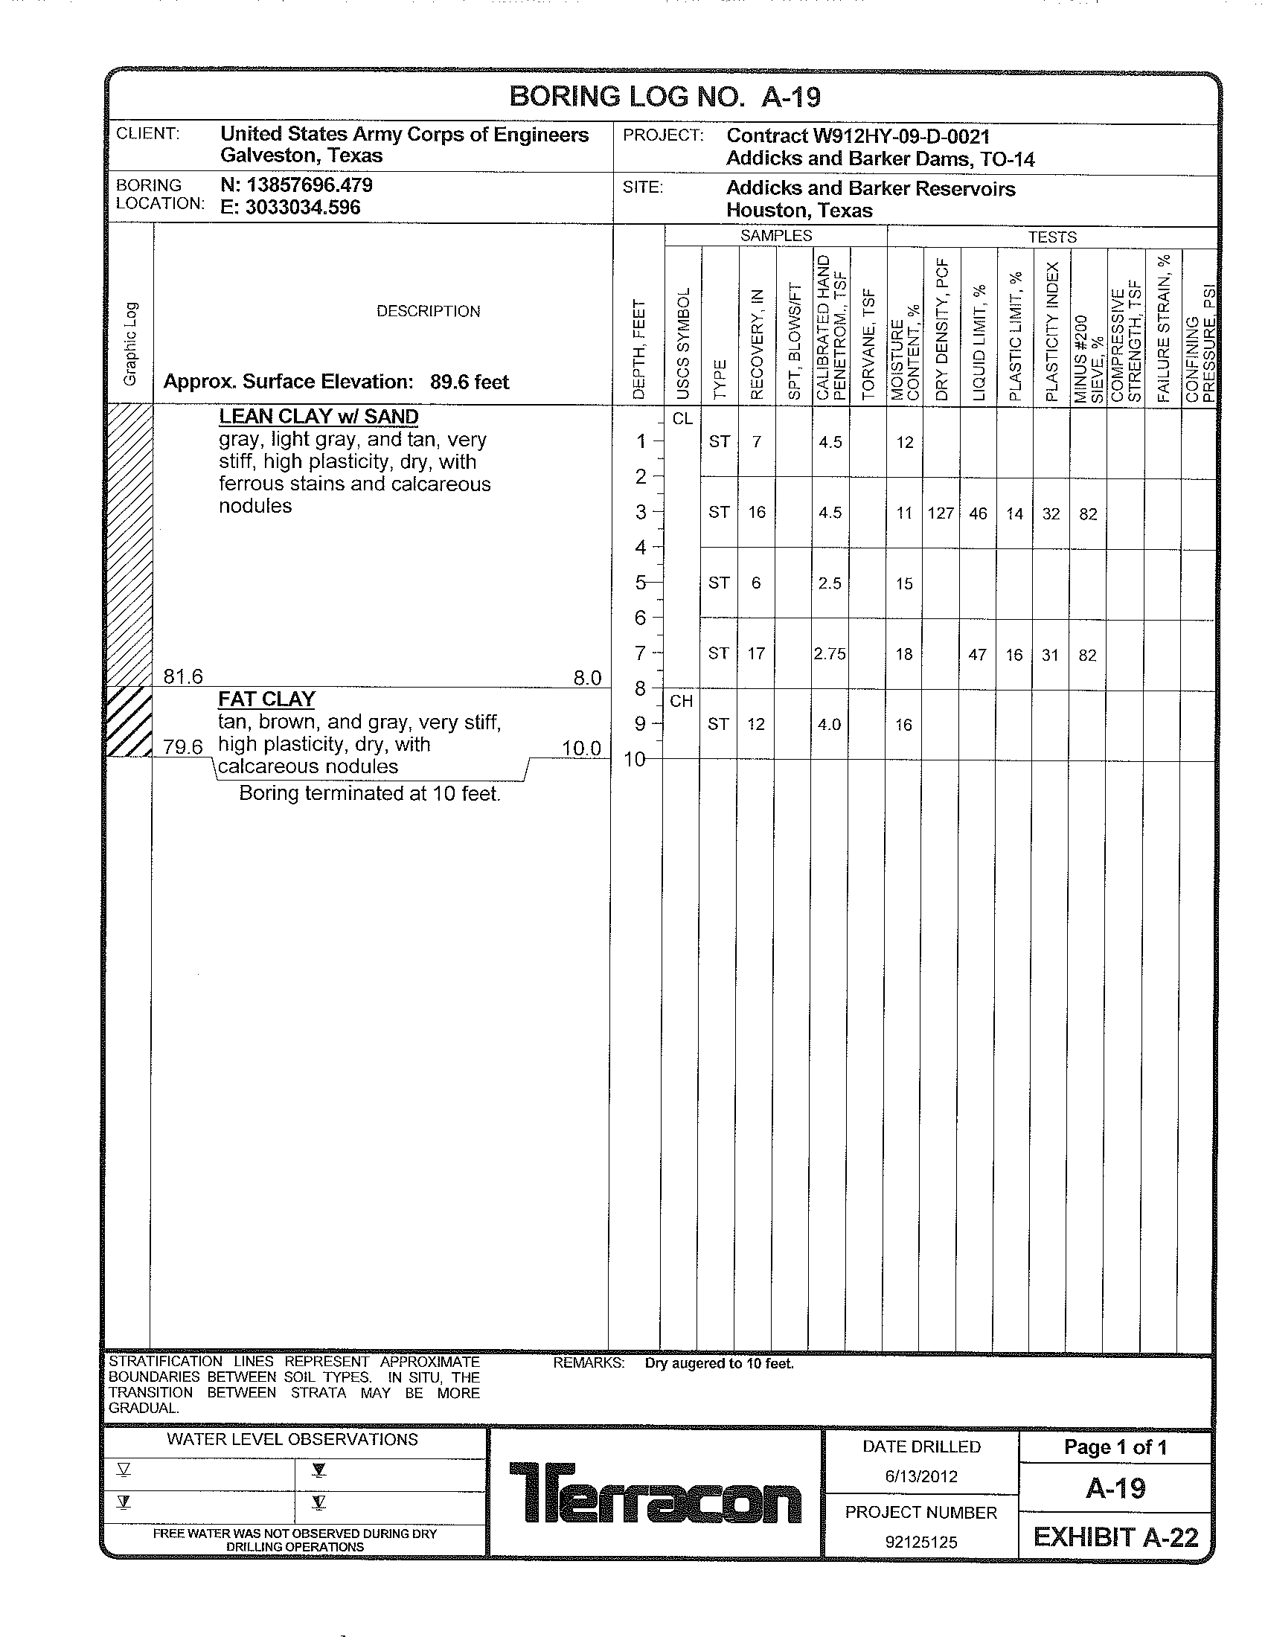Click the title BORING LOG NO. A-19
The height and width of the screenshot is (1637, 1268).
pyautogui.click(x=665, y=97)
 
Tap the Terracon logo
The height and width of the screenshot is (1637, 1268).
pyautogui.click(x=655, y=1493)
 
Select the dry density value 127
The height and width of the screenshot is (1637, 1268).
pyautogui.click(x=941, y=513)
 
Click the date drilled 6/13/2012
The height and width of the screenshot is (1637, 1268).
pyautogui.click(x=921, y=1476)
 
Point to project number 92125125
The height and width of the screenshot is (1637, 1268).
pyautogui.click(x=921, y=1542)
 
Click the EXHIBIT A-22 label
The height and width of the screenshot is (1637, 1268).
pyautogui.click(x=1116, y=1537)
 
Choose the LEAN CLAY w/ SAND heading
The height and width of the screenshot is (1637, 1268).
pyautogui.click(x=318, y=417)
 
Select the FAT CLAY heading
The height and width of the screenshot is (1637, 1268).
pyautogui.click(x=267, y=699)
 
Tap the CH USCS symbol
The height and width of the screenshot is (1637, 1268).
pyautogui.click(x=681, y=702)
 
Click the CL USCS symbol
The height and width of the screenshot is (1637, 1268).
pyautogui.click(x=682, y=419)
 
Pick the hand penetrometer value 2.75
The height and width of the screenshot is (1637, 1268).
pyautogui.click(x=830, y=654)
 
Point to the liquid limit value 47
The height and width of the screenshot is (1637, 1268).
pyautogui.click(x=977, y=655)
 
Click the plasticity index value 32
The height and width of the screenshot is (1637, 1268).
pyautogui.click(x=1051, y=513)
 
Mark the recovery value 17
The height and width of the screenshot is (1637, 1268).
pyautogui.click(x=756, y=653)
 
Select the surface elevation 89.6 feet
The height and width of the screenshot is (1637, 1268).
pyautogui.click(x=469, y=382)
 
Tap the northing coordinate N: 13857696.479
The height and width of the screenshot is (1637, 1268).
pyautogui.click(x=296, y=185)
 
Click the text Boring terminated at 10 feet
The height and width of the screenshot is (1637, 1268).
pyautogui.click(x=369, y=793)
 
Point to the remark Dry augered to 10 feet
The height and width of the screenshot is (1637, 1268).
pyautogui.click(x=719, y=1363)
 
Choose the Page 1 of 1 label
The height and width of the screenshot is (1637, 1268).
pyautogui.click(x=1115, y=1447)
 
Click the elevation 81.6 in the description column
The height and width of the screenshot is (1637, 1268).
pyautogui.click(x=184, y=677)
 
